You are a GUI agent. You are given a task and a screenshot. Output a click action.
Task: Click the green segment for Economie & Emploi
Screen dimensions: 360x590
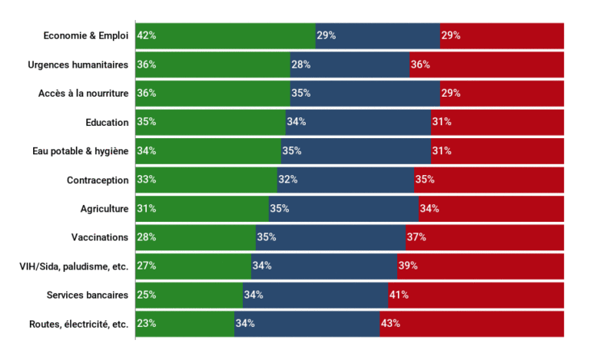pyautogui.click(x=225, y=35)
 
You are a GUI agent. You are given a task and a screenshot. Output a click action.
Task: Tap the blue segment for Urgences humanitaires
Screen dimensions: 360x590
pyautogui.click(x=350, y=64)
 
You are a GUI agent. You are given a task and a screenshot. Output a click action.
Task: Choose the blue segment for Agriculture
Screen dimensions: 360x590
pyautogui.click(x=343, y=208)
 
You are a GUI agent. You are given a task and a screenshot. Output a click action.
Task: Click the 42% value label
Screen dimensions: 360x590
pyautogui.click(x=147, y=35)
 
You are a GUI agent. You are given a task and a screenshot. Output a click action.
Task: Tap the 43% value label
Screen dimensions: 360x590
pyautogui.click(x=390, y=323)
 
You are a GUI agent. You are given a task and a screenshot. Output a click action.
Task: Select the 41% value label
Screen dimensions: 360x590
pyautogui.click(x=399, y=295)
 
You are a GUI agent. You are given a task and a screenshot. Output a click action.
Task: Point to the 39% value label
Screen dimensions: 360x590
pyautogui.click(x=408, y=266)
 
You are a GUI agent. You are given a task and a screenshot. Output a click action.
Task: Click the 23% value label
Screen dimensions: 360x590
pyautogui.click(x=147, y=323)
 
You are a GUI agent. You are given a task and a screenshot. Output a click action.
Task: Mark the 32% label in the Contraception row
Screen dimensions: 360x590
pyautogui.click(x=287, y=180)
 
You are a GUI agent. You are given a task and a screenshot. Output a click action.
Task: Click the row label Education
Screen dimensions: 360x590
pyautogui.click(x=107, y=122)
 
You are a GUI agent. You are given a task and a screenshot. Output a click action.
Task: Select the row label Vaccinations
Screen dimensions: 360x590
pyautogui.click(x=100, y=237)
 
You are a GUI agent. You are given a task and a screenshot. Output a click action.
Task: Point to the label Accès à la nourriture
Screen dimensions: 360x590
pyautogui.click(x=83, y=93)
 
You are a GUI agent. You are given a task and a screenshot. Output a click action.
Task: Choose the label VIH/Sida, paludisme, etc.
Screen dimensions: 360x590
pyautogui.click(x=74, y=266)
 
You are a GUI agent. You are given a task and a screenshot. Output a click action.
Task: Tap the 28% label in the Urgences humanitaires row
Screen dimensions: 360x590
pyautogui.click(x=300, y=64)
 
